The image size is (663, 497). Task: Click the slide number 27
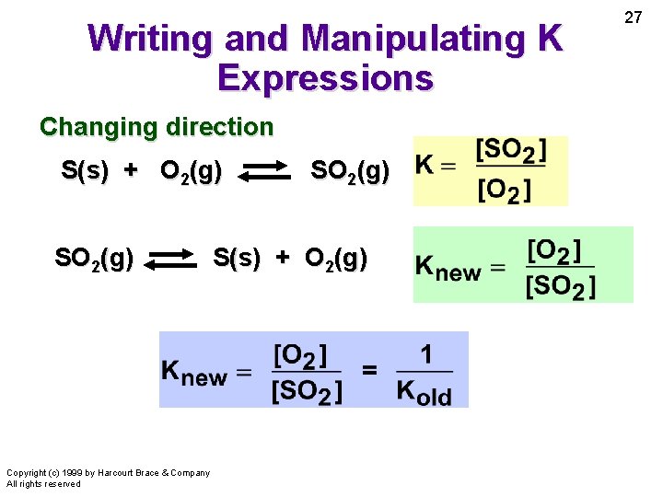634,17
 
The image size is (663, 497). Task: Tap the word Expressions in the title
325,78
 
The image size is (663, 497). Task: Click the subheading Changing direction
157,127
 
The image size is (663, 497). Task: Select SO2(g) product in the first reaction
350,171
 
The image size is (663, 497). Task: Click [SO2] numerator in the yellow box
511,149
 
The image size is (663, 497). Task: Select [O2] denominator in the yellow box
504,191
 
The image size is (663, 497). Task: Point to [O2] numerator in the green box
554,250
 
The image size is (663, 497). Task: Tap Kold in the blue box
424,390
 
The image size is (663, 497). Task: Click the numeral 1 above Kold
425,355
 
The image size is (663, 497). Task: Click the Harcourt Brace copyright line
108,473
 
